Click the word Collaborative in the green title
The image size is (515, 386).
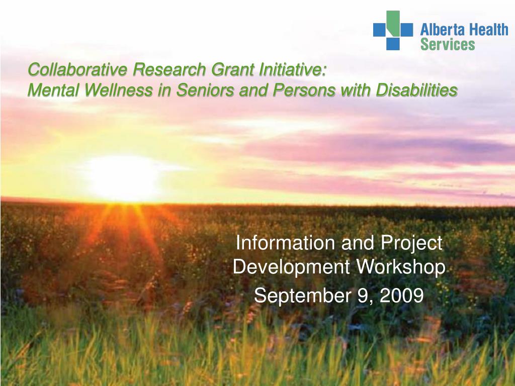click(x=77, y=69)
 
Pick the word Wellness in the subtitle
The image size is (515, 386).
click(x=118, y=90)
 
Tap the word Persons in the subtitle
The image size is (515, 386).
click(x=304, y=90)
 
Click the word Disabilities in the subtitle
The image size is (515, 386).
click(x=416, y=90)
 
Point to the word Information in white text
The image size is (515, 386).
click(x=286, y=243)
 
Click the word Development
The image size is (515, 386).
click(x=291, y=268)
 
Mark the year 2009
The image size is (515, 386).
click(x=401, y=295)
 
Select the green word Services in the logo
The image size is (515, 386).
click(x=448, y=44)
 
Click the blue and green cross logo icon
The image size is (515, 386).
click(x=393, y=30)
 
